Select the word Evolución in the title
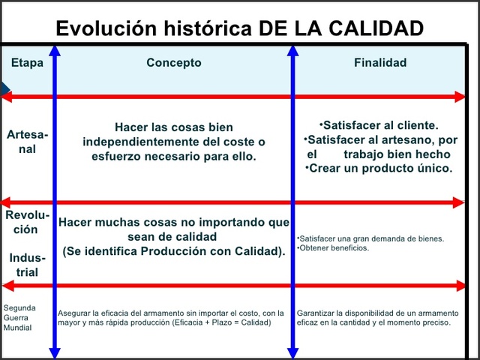click(102, 28)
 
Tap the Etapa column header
click(27, 63)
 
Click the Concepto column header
click(174, 63)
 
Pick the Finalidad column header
click(380, 63)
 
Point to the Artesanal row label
click(27, 142)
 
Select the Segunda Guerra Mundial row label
click(19, 318)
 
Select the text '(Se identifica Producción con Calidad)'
click(174, 251)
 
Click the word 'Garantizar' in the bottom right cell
click(314, 313)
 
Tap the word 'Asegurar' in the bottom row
click(73, 313)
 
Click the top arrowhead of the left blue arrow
click(55, 50)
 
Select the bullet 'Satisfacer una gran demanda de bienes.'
click(370, 238)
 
